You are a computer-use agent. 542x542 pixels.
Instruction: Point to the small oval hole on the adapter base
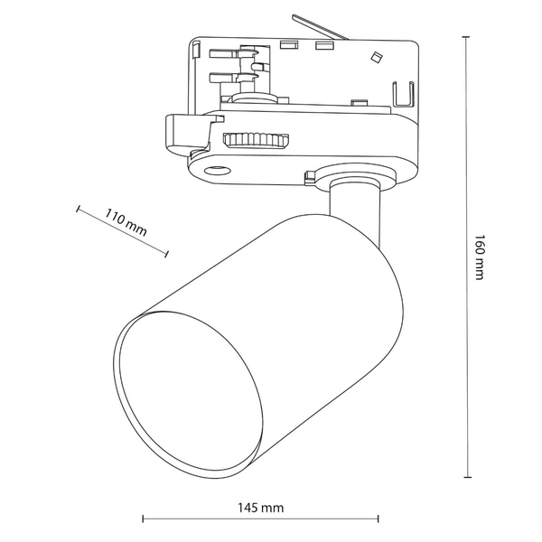click(x=216, y=170)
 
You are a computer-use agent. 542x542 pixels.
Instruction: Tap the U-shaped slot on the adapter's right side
click(x=404, y=94)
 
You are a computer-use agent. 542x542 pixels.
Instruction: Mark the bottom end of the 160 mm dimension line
click(x=467, y=478)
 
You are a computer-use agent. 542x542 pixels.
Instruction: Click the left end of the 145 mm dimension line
click(x=144, y=519)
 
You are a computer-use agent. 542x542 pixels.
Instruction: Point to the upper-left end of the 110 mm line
click(x=79, y=210)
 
